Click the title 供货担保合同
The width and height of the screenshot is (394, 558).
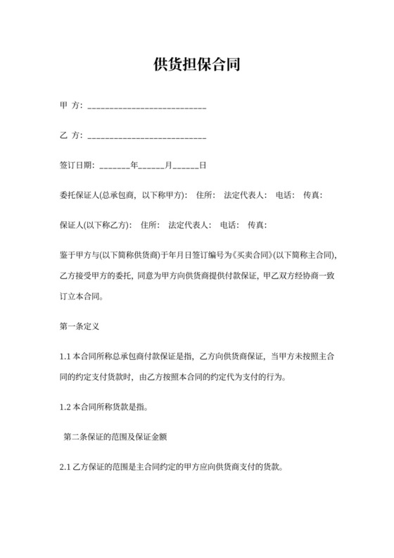tap(197, 66)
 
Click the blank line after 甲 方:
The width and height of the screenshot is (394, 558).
tap(146, 108)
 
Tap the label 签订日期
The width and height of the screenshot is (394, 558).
tap(76, 166)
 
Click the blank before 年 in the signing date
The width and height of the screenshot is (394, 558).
tap(115, 168)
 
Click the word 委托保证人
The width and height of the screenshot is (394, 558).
tap(77, 195)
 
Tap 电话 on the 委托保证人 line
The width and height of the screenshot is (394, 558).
tap(284, 195)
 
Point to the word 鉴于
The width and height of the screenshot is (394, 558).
tap(68, 254)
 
